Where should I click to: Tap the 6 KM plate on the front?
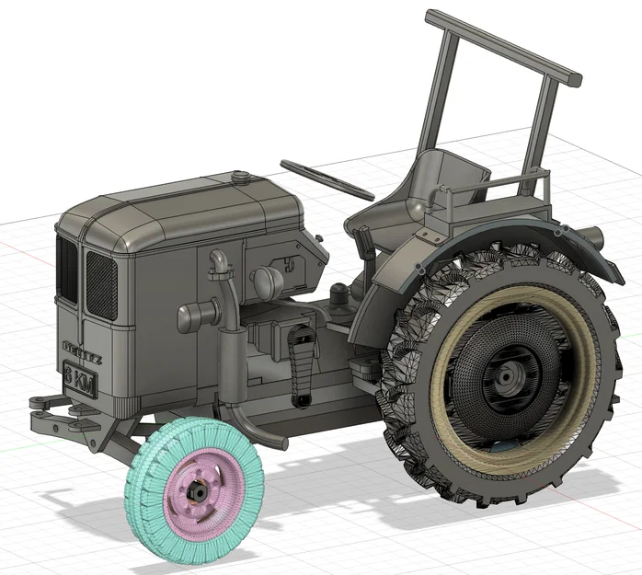[x=80, y=378]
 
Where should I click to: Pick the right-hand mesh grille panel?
[x=101, y=283]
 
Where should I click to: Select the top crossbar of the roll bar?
[x=502, y=44]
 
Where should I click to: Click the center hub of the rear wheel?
[x=507, y=376]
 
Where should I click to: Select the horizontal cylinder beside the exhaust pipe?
[x=197, y=317]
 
